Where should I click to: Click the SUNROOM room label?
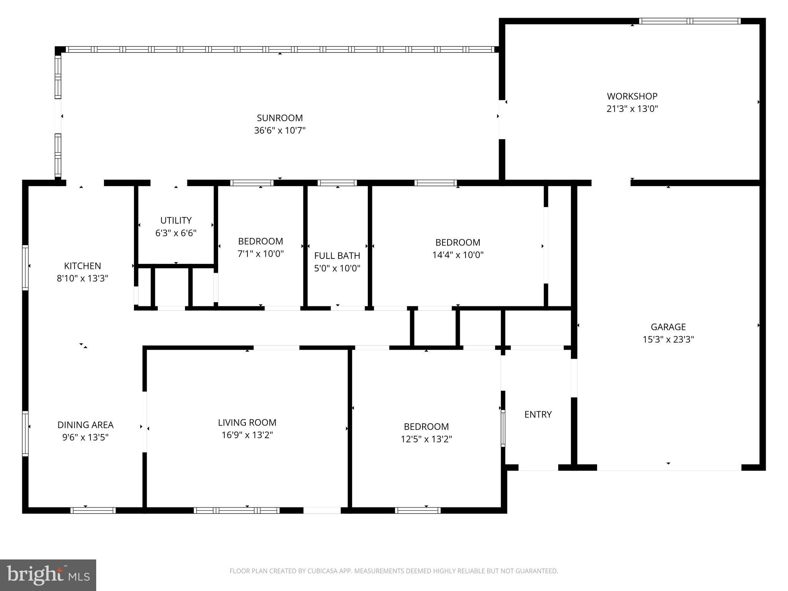(280, 118)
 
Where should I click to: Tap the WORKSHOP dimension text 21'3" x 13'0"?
(632, 109)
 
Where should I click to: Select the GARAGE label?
(668, 327)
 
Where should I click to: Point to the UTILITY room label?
(176, 220)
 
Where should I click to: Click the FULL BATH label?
(337, 255)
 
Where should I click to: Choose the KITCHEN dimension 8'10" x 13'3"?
(82, 278)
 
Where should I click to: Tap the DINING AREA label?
(85, 425)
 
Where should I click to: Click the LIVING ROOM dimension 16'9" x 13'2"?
(247, 435)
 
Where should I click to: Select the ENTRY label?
(538, 414)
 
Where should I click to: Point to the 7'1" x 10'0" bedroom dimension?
(260, 254)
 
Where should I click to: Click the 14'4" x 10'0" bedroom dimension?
(457, 255)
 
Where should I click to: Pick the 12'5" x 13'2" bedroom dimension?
(426, 439)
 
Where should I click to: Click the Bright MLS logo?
(48, 575)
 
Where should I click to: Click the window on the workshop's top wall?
(689, 21)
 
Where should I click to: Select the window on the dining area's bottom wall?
(93, 510)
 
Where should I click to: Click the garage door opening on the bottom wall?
(669, 467)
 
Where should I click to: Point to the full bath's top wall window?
(337, 183)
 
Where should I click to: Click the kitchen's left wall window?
(25, 267)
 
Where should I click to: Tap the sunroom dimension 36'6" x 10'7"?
(280, 130)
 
